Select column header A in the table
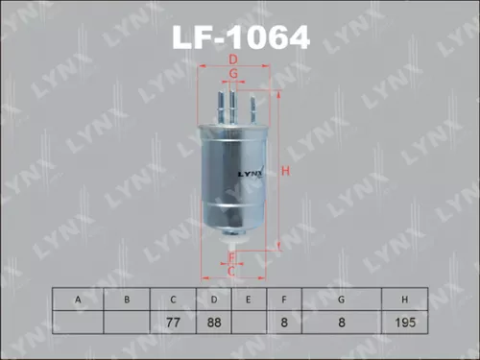76,300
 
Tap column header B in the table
126,300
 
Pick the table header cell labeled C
173,300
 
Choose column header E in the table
248,300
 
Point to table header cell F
284,300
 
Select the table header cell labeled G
340,300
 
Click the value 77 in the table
173,323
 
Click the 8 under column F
284,323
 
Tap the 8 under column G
340,323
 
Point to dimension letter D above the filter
233,61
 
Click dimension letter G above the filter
233,74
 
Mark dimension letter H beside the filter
285,172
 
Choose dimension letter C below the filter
231,272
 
